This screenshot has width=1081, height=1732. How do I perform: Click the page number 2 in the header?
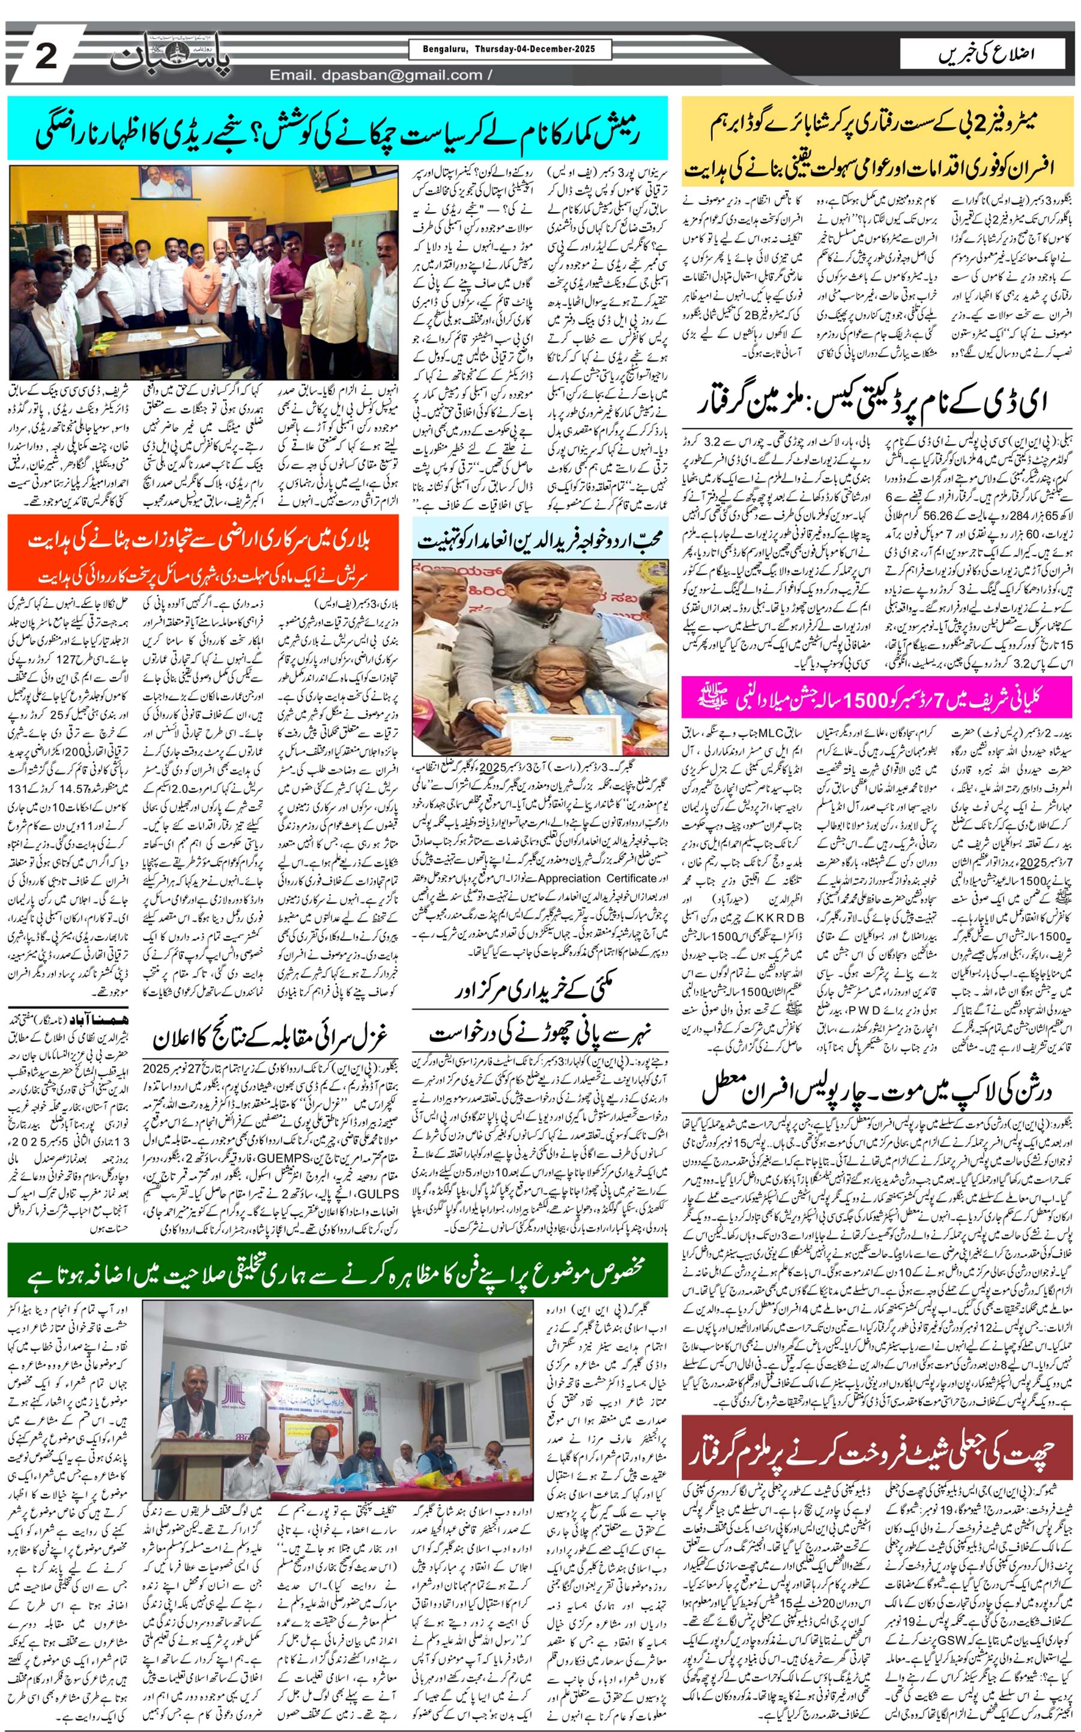pos(46,55)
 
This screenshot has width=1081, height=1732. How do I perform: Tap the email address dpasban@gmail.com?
pos(376,75)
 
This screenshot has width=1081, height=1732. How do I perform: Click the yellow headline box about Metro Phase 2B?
pos(877,142)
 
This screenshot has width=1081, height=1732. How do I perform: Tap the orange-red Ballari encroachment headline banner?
pos(203,551)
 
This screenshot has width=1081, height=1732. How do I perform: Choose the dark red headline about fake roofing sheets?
pos(877,1448)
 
